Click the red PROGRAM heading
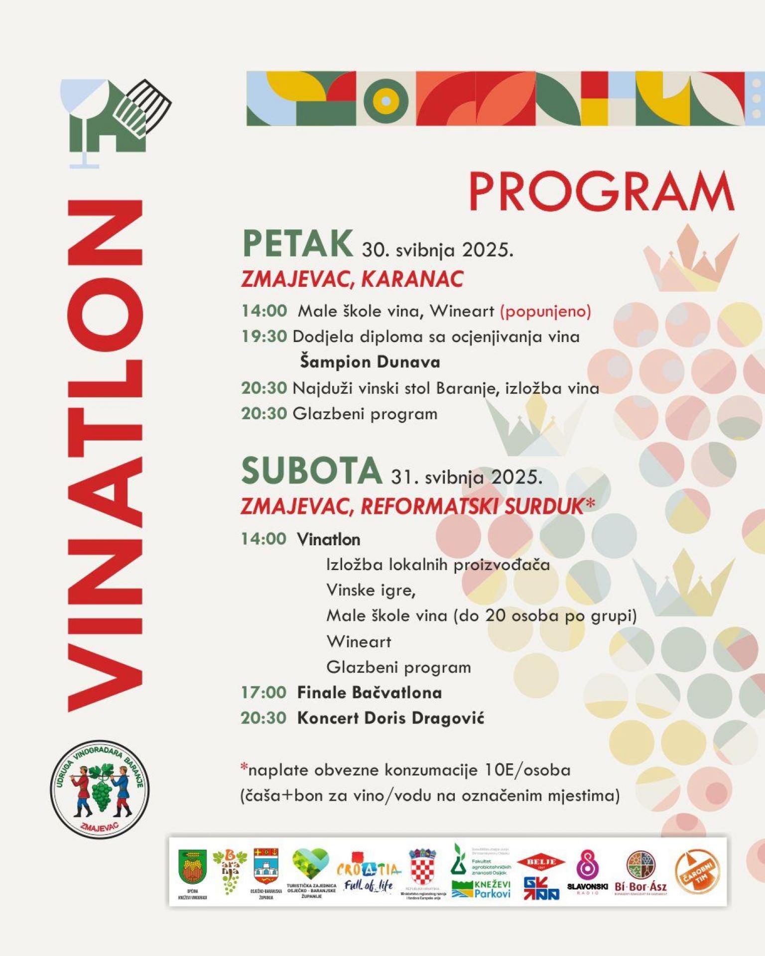pyautogui.click(x=601, y=192)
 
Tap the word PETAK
pyautogui.click(x=298, y=244)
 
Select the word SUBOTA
pyautogui.click(x=311, y=471)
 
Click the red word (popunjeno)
pyautogui.click(x=545, y=311)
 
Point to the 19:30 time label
pyautogui.click(x=264, y=337)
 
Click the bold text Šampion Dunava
pyautogui.click(x=370, y=362)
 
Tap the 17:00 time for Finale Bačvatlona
pyautogui.click(x=263, y=692)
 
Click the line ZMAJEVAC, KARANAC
pyautogui.click(x=352, y=279)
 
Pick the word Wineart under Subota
pyautogui.click(x=359, y=641)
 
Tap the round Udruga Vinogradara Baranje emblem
pyautogui.click(x=99, y=789)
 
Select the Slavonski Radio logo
pyautogui.click(x=587, y=872)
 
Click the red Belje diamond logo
pyautogui.click(x=541, y=862)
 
